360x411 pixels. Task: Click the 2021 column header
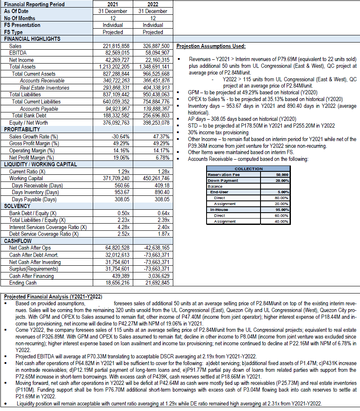tap(113, 4)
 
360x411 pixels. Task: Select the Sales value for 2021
tap(116, 46)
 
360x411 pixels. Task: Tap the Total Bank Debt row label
tap(29, 115)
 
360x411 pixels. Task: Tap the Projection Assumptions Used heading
tap(210, 46)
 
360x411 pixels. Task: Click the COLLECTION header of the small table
tap(248, 169)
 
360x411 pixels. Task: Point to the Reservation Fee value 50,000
tap(281, 174)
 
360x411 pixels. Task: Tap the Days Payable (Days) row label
tap(34, 199)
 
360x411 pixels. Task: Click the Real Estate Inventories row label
tap(44, 88)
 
